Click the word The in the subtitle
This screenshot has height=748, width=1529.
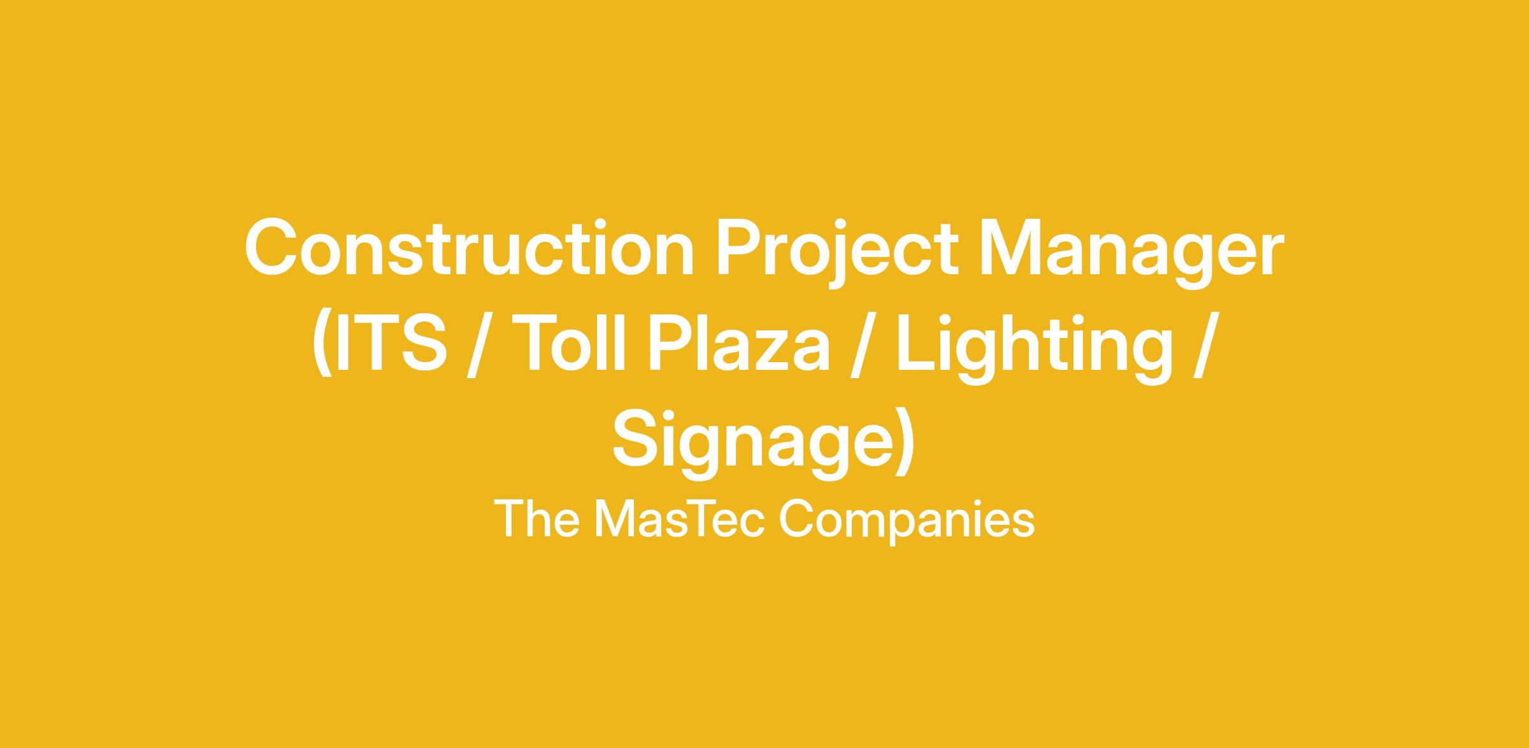536,519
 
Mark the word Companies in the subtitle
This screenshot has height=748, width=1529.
907,522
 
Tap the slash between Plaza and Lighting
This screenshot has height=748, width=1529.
863,345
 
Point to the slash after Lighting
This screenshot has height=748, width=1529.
1206,345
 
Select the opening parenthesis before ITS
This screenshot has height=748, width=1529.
323,344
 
